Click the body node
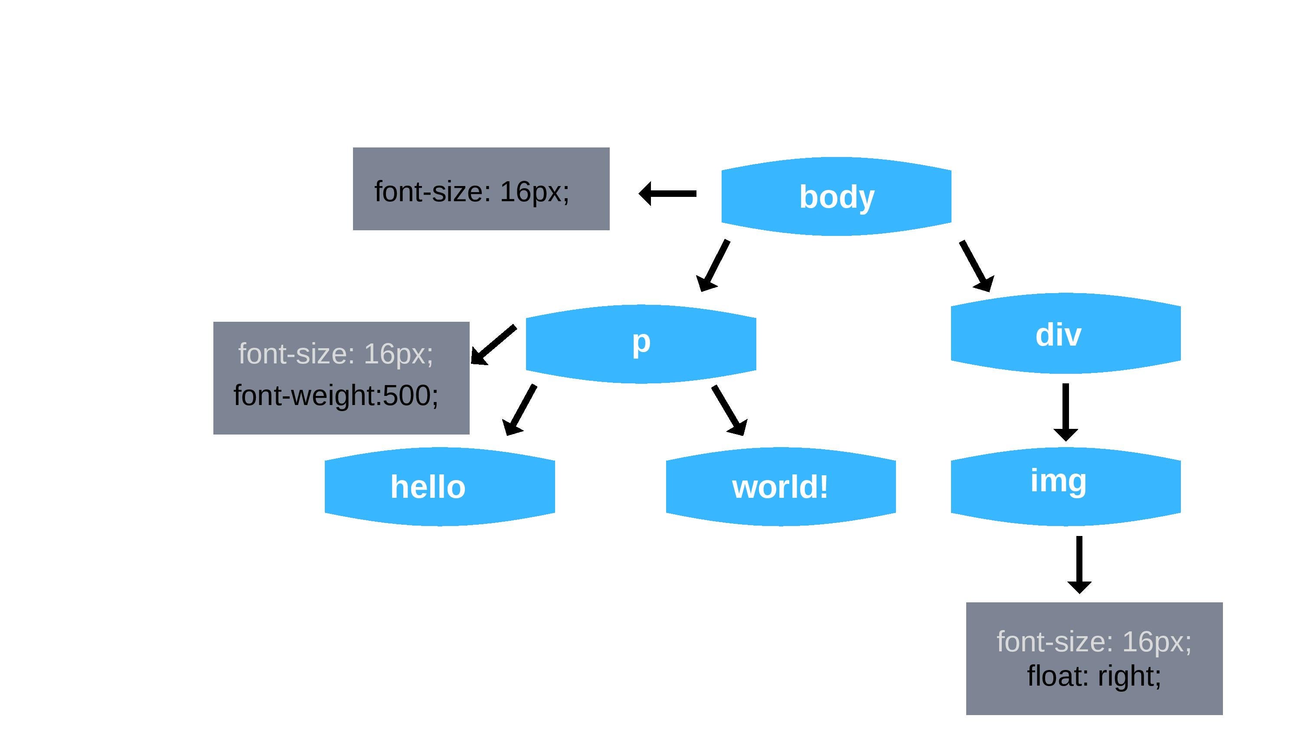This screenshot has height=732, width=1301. (837, 196)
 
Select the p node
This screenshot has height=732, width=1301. (641, 343)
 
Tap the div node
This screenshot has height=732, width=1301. (1066, 333)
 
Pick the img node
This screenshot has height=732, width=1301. (1066, 486)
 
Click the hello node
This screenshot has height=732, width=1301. (439, 487)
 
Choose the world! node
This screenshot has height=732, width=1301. (780, 487)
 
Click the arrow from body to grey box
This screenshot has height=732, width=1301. (668, 193)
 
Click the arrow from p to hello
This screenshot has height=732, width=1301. (521, 409)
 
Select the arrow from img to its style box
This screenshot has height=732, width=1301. (1079, 564)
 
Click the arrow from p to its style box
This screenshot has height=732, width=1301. (494, 344)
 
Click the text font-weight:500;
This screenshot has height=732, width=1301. (336, 395)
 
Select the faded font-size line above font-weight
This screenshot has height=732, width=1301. (336, 353)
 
